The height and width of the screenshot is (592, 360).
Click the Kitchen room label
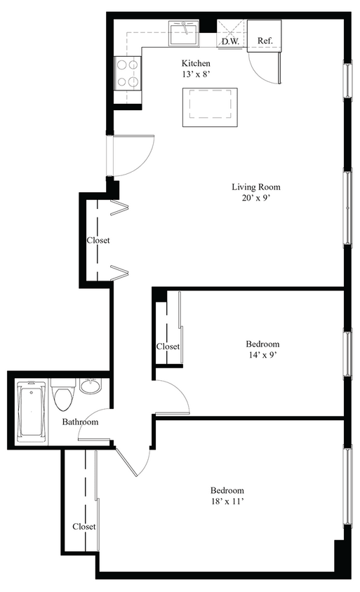tap(196, 62)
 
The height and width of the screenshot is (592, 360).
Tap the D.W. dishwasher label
tap(230, 41)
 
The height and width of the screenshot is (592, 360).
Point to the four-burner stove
tap(127, 73)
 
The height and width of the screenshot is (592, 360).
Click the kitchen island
tap(209, 107)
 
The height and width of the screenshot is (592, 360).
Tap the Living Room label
tap(256, 187)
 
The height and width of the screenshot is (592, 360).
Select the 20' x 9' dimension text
tap(256, 198)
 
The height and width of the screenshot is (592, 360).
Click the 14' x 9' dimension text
tap(262, 355)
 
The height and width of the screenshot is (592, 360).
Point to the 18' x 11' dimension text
tap(227, 502)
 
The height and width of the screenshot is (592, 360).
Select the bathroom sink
tap(90, 386)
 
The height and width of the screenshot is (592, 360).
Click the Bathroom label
tap(80, 422)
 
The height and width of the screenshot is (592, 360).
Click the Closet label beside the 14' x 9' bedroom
tap(168, 347)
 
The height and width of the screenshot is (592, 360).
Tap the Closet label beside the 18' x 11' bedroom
tap(84, 526)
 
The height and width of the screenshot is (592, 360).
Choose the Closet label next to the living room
tap(98, 240)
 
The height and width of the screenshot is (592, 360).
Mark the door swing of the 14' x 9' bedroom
tap(173, 397)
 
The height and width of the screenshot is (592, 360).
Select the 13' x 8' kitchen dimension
tap(196, 74)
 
